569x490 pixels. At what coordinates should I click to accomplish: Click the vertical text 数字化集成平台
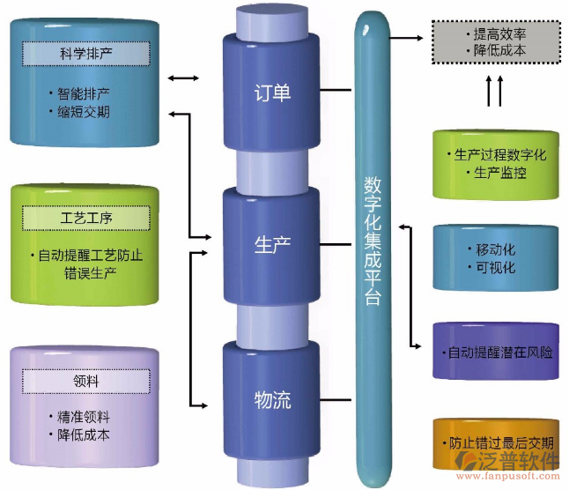click(x=372, y=239)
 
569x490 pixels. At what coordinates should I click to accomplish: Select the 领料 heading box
click(x=85, y=381)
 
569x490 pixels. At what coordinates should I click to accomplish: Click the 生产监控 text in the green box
click(x=499, y=174)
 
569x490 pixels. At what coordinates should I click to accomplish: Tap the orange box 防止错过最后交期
click(x=495, y=443)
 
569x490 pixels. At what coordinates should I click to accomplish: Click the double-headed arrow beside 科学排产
click(x=183, y=79)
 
